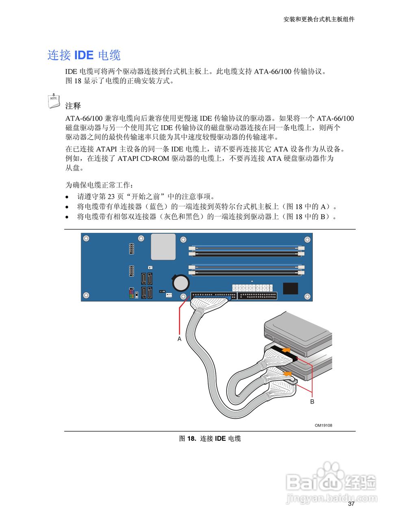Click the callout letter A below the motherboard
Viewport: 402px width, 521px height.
click(179, 339)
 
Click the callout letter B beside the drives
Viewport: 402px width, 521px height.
click(312, 402)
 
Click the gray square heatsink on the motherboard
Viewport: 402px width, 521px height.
click(163, 247)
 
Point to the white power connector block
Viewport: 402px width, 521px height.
click(252, 287)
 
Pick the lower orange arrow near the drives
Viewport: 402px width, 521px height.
click(287, 373)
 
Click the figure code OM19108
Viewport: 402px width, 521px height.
click(323, 425)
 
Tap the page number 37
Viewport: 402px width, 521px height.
click(351, 504)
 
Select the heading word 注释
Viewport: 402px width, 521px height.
click(73, 106)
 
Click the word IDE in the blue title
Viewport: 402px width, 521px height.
click(84, 55)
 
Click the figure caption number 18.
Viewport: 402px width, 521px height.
click(191, 438)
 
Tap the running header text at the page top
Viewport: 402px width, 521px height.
click(319, 19)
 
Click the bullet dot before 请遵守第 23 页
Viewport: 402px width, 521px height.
click(68, 197)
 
